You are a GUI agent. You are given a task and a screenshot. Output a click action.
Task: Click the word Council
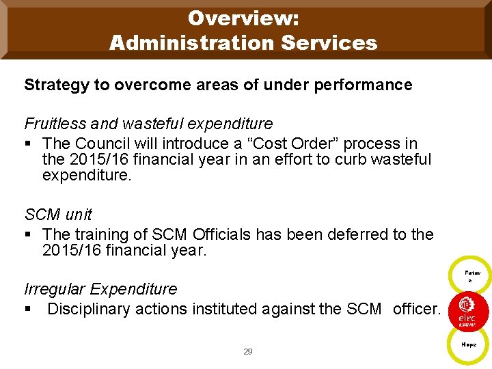coord(102,143)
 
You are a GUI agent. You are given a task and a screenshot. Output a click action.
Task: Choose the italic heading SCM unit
coord(58,215)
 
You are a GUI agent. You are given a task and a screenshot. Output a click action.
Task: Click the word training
coord(99,234)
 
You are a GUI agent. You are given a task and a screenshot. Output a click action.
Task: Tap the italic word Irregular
coord(55,289)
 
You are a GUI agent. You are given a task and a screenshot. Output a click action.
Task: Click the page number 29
coord(248,351)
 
